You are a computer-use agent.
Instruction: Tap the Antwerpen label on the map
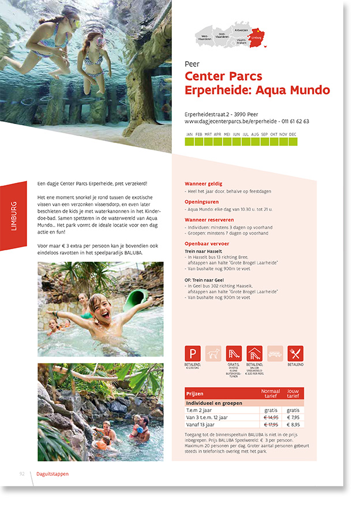click(x=241, y=29)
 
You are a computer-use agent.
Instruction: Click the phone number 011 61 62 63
click(x=294, y=122)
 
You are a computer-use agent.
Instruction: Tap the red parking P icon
click(x=193, y=354)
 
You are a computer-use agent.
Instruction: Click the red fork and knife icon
click(x=295, y=354)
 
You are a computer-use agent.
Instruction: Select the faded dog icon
click(x=213, y=354)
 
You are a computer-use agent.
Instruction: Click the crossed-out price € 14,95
click(x=271, y=417)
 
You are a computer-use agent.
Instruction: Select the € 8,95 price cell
click(x=293, y=425)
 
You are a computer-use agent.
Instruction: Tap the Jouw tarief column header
click(x=293, y=393)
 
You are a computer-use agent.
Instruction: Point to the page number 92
click(x=22, y=474)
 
